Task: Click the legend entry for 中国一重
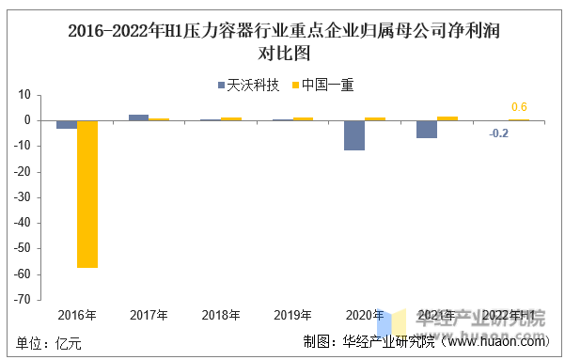[322, 85]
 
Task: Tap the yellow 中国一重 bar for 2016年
[87, 194]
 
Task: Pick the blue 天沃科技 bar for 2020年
[354, 135]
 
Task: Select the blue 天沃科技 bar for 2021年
[427, 129]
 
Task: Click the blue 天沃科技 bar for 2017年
[138, 117]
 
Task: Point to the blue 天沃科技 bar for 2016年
[66, 124]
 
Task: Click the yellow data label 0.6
[518, 107]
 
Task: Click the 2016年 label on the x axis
[76, 315]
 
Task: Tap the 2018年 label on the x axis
[221, 315]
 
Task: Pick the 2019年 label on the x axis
[292, 315]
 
